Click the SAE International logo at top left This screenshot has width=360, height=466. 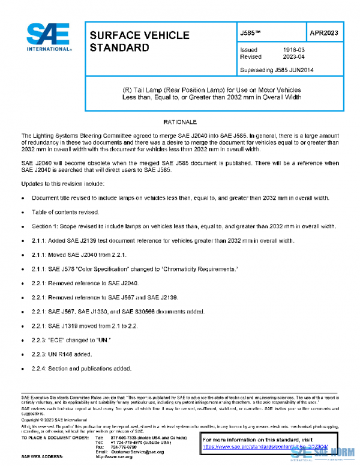[x=48, y=37]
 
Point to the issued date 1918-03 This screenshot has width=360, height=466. [x=293, y=50]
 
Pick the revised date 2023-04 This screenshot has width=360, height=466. [x=293, y=57]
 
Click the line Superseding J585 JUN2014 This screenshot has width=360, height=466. [x=277, y=70]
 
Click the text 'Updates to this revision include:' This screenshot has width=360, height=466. [x=62, y=183]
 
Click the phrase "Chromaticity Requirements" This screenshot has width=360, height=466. [x=203, y=269]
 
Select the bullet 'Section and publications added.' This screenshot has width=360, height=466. [x=81, y=368]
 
